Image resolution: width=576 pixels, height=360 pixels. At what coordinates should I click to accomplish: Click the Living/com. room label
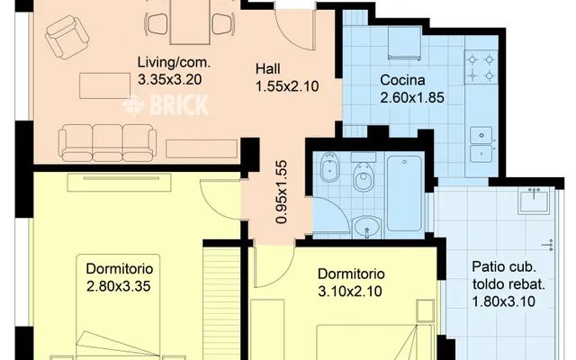174,62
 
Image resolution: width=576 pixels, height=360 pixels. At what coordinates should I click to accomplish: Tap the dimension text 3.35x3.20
170,79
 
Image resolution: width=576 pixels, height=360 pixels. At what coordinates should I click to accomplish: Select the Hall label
268,68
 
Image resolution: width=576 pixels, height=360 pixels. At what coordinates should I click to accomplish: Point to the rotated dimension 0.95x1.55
282,192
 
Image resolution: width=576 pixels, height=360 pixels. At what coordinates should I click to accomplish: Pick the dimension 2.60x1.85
412,97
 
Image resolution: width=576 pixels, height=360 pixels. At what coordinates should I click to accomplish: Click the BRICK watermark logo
166,104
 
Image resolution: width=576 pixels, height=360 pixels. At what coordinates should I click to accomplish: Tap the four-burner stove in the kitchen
481,68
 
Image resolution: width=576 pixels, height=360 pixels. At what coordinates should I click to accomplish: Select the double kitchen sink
481,144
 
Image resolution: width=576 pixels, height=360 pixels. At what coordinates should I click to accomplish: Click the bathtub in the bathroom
404,193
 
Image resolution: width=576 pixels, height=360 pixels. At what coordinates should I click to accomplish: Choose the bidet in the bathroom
329,167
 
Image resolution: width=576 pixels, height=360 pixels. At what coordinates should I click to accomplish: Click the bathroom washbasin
366,226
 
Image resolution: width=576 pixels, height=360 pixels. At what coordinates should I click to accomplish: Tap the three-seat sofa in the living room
108,142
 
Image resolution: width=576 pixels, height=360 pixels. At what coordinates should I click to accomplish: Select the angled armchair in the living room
67,37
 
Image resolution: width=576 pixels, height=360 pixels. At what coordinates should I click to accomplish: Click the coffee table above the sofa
104,86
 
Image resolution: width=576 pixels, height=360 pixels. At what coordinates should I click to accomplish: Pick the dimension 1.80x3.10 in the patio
503,301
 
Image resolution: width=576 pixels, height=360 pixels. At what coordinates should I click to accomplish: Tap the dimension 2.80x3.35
119,286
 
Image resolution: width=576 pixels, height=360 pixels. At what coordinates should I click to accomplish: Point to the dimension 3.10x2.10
350,292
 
